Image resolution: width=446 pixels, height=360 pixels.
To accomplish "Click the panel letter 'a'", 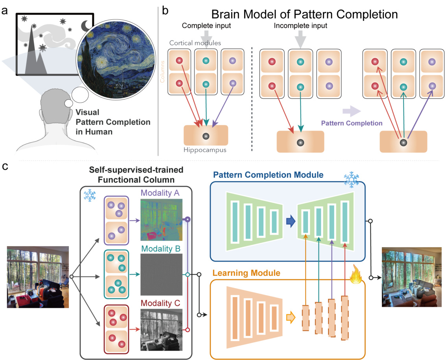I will pyautogui.click(x=5, y=11).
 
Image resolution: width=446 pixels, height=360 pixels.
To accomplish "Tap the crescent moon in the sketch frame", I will pyautogui.click(x=86, y=26).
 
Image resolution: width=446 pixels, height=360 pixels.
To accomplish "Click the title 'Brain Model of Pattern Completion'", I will pyautogui.click(x=304, y=15).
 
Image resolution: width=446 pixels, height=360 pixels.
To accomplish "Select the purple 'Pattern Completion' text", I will pyautogui.click(x=352, y=123).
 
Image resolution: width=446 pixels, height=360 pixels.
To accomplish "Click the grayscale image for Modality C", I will pyautogui.click(x=161, y=330).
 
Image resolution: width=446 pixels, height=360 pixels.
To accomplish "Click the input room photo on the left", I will pyautogui.click(x=38, y=277).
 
